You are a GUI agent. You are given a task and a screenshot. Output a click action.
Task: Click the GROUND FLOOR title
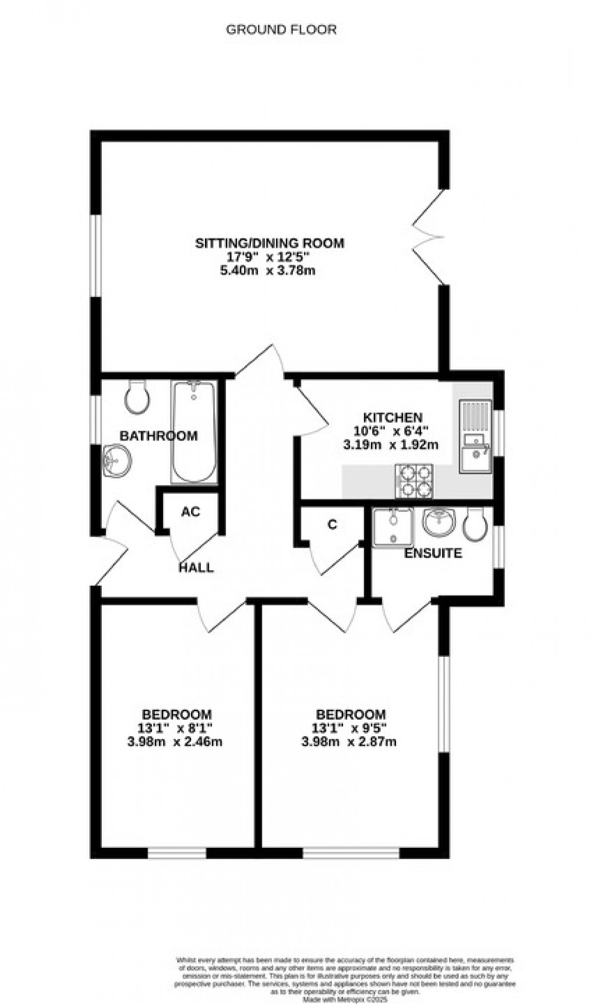tap(281, 30)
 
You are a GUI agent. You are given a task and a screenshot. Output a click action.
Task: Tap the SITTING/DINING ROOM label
tap(269, 243)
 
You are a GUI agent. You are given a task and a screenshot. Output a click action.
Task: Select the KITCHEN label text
tap(393, 418)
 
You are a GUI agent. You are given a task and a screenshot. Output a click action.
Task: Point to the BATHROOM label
tap(158, 436)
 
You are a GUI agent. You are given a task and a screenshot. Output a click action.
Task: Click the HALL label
tap(196, 568)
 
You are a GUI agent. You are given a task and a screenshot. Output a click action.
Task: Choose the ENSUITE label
tap(433, 553)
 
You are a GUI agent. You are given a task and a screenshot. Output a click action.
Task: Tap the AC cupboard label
tap(190, 512)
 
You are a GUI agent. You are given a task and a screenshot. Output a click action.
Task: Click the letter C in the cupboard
tap(333, 524)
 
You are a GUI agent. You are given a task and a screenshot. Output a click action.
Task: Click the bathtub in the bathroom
tap(193, 431)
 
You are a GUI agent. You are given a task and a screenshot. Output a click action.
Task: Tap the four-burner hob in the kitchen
tap(414, 481)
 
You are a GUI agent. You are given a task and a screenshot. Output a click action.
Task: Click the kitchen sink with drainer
tap(476, 435)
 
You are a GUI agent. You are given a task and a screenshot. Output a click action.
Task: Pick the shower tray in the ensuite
tap(393, 527)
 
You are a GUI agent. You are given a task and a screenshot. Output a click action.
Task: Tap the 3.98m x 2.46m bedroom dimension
tap(176, 742)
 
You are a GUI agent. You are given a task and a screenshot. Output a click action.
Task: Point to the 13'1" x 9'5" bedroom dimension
tap(350, 728)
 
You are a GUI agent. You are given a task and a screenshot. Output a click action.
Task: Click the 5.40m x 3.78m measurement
tap(269, 270)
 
